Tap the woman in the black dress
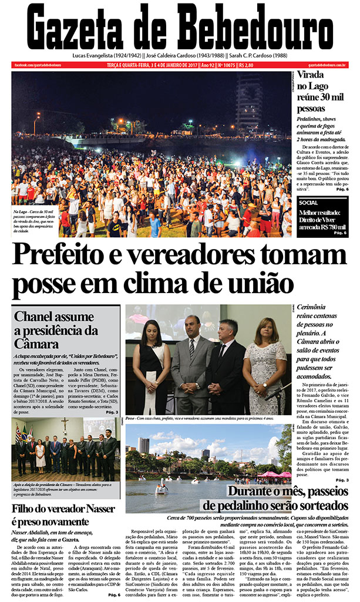151,364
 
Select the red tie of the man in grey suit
192,349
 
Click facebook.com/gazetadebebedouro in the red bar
38,65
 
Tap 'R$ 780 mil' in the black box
327,226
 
